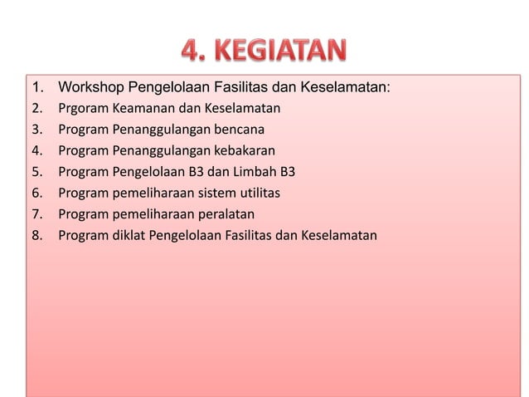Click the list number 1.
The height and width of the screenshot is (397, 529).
pyautogui.click(x=36, y=87)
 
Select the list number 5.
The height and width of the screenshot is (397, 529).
pyautogui.click(x=36, y=172)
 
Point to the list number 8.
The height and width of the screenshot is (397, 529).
pyautogui.click(x=36, y=236)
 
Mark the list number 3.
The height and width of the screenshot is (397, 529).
pyautogui.click(x=36, y=130)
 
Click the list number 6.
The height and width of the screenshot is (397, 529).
pyautogui.click(x=36, y=194)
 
